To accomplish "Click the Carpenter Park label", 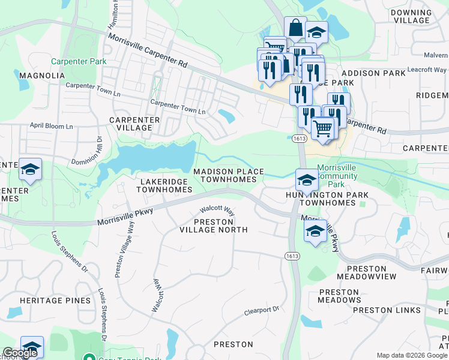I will click(79, 61).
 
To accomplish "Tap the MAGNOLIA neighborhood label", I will click(41, 76).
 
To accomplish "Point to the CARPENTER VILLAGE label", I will click(134, 124).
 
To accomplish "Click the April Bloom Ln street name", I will click(51, 127).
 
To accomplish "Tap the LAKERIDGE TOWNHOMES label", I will click(164, 185).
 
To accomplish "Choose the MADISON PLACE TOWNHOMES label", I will click(228, 175).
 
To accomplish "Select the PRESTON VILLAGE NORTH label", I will click(213, 225).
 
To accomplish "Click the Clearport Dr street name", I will click(262, 311).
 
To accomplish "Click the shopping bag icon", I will click(295, 28).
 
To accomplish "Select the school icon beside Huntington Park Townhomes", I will click(306, 181).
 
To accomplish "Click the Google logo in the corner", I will click(20, 353).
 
